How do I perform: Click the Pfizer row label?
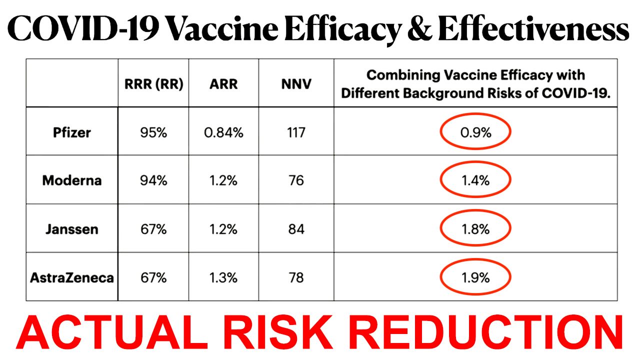72,132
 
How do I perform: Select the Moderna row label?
72,180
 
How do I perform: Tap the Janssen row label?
72,229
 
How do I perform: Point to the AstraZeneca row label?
72,277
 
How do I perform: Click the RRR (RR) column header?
153,84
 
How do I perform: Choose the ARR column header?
223,84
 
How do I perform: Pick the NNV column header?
296,84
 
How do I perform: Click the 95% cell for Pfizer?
153,132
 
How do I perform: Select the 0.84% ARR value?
223,132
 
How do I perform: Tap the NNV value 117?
296,132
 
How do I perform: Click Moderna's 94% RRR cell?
153,180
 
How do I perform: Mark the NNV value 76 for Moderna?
296,180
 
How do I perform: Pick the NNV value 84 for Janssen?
296,229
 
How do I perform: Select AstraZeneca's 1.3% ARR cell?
223,277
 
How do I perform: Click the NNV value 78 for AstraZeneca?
296,277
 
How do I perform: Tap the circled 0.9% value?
475,132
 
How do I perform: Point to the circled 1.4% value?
475,180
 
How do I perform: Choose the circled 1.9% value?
475,277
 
